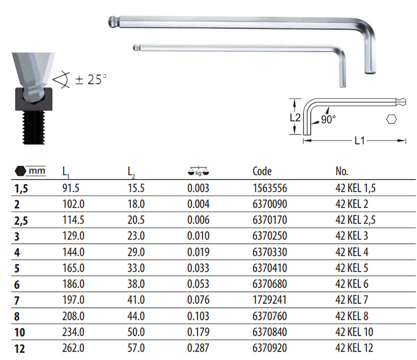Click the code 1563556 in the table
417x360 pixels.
click(x=270, y=188)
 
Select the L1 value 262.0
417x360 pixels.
click(x=73, y=348)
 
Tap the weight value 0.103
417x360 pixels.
click(x=198, y=316)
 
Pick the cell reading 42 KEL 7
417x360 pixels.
click(x=352, y=300)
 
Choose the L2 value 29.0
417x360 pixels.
click(x=136, y=252)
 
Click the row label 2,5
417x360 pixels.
click(x=21, y=221)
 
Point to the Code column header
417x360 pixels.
click(x=262, y=172)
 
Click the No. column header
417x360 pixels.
click(x=342, y=172)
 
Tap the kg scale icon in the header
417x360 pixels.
click(x=198, y=171)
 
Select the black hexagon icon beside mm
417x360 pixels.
click(x=21, y=171)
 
